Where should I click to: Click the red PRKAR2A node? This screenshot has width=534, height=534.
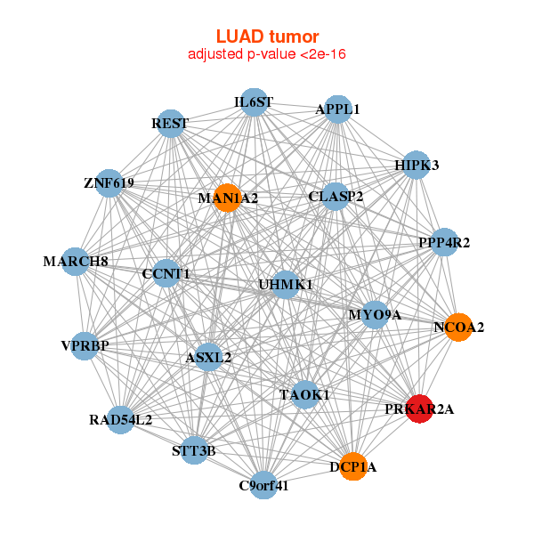419,409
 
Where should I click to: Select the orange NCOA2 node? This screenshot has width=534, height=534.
458,328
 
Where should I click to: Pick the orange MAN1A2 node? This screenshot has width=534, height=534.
229,198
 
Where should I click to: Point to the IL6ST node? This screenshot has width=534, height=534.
254,102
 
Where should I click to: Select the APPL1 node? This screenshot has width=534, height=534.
337,109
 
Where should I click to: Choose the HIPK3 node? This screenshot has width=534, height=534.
417,165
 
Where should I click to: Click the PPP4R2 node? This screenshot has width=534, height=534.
444,242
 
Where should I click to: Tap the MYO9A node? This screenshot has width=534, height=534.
375,314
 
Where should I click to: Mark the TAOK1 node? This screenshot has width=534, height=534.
304,394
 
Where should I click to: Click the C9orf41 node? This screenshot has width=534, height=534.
264,485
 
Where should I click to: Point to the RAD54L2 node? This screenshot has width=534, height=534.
121,418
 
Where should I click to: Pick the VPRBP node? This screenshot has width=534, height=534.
85,345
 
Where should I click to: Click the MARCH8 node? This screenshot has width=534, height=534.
76,262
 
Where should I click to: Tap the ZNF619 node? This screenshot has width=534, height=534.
109,183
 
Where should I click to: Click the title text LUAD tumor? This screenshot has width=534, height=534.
267,36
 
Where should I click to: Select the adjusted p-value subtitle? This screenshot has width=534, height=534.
267,54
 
